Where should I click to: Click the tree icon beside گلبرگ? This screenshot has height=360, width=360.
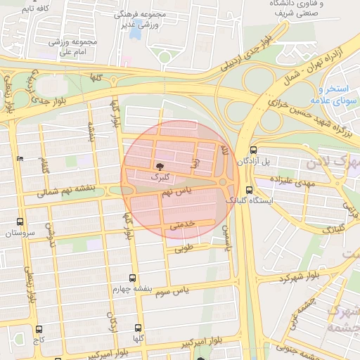[161, 167]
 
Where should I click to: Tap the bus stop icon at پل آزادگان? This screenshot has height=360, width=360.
[253, 150]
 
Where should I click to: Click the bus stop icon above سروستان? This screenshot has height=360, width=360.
[19, 221]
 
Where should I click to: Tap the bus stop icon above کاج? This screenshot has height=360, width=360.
[38, 328]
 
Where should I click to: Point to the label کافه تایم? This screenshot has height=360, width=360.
[34, 8]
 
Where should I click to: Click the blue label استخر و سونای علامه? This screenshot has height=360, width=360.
[338, 96]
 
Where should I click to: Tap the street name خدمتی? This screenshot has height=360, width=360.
[181, 225]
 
